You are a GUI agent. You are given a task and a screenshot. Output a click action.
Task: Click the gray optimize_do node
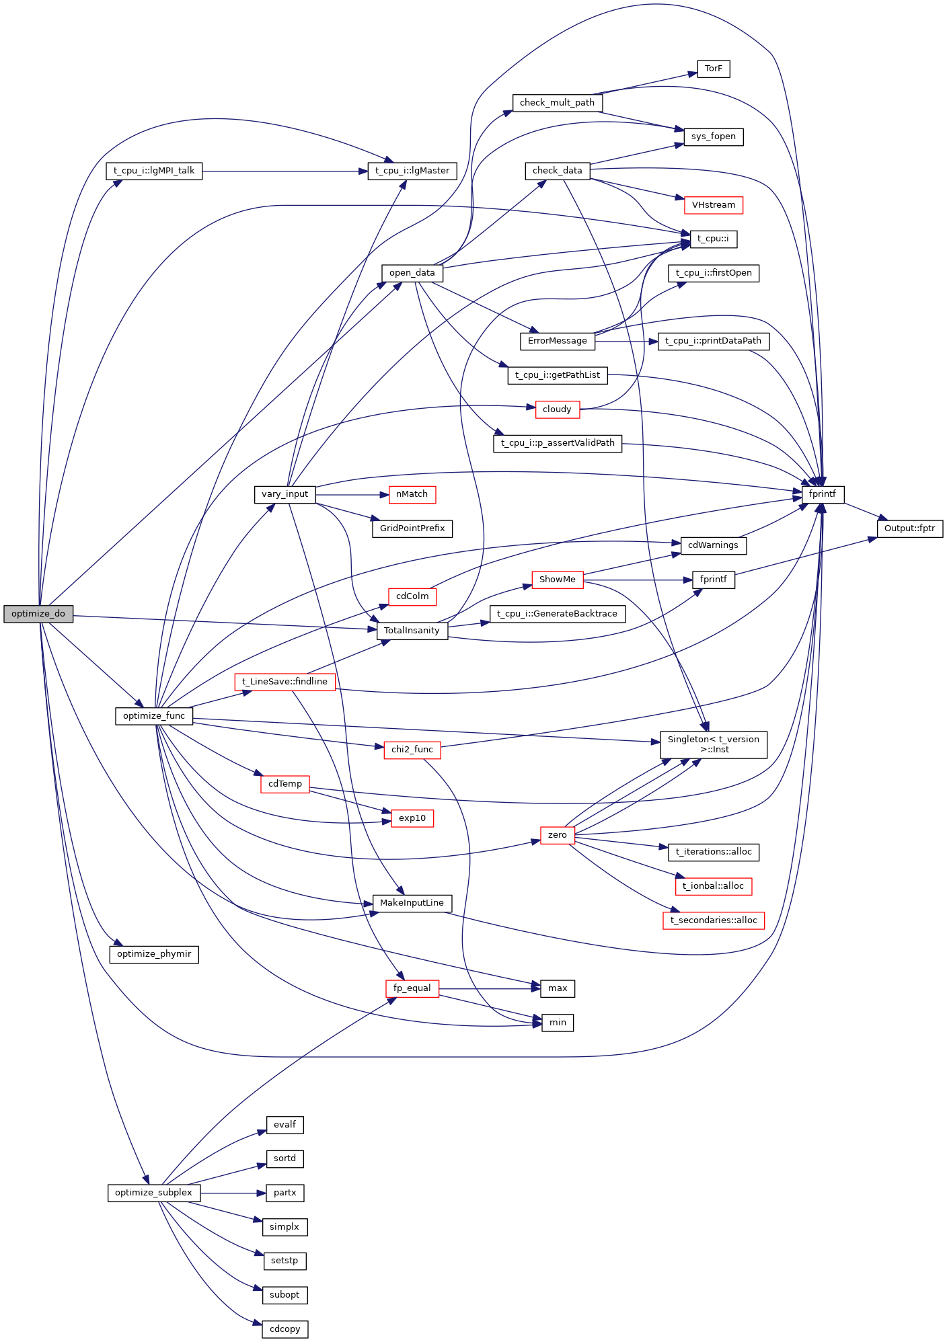(38, 614)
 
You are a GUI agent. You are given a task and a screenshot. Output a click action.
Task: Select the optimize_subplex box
(153, 1193)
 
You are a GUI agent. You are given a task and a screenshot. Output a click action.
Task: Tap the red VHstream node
(713, 205)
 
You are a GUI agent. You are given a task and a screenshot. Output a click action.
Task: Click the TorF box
(713, 69)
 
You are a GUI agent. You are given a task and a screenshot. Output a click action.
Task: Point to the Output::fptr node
(909, 528)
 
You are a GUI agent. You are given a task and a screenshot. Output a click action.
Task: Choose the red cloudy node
(557, 409)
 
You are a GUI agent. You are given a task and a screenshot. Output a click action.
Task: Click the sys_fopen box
(713, 136)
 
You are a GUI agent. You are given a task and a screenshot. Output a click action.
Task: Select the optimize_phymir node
(154, 954)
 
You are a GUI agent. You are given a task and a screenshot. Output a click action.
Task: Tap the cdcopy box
(285, 1329)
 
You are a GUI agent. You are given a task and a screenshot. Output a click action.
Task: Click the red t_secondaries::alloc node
(713, 920)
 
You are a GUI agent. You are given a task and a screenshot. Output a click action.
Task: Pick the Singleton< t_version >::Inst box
(713, 744)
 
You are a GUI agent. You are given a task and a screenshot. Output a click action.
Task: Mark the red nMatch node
(412, 494)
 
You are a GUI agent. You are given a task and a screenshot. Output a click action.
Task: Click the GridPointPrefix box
(412, 528)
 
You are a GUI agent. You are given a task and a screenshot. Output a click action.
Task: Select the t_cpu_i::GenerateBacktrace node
(557, 614)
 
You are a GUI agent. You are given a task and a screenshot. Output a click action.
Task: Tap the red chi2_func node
(412, 750)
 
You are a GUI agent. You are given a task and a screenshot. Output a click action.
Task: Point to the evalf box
(285, 1125)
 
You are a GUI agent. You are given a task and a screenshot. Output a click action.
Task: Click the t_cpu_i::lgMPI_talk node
(154, 171)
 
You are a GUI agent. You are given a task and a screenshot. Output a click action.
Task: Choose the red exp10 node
(412, 818)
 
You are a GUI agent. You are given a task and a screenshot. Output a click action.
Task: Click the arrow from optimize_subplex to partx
(229, 1193)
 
